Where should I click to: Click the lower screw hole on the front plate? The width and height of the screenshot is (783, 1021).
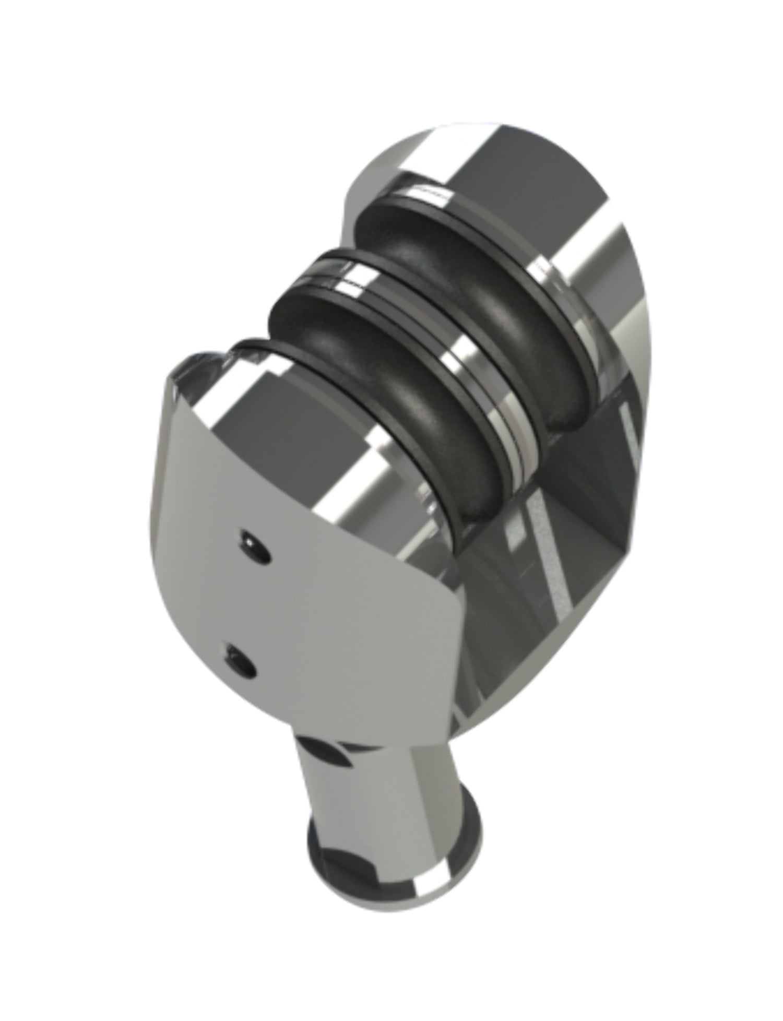tap(241, 660)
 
